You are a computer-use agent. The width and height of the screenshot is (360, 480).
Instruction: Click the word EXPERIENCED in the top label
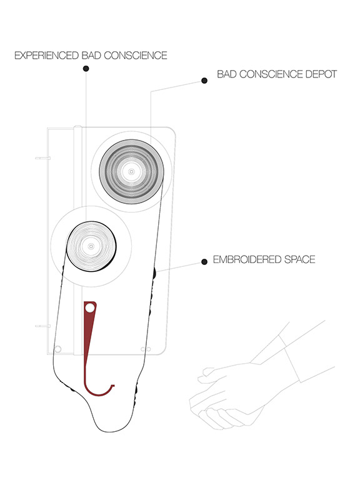pyautogui.click(x=46, y=56)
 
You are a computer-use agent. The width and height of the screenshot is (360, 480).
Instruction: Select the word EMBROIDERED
pyautogui.click(x=247, y=259)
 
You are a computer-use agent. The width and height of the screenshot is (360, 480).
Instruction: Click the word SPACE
pyautogui.click(x=300, y=259)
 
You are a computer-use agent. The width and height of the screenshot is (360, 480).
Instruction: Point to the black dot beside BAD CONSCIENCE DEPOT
pyautogui.click(x=204, y=81)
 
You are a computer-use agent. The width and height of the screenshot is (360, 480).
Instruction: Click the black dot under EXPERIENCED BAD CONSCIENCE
pyautogui.click(x=86, y=69)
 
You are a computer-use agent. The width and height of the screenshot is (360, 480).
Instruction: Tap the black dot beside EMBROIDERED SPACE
pyautogui.click(x=204, y=262)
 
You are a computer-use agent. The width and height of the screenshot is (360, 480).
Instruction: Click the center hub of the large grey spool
pyautogui.click(x=131, y=171)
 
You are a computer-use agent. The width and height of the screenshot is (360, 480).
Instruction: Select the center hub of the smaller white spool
pyautogui.click(x=91, y=246)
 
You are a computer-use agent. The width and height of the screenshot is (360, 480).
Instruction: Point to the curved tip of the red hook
pyautogui.click(x=112, y=386)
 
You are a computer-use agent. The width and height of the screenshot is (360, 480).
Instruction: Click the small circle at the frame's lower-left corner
pyautogui.click(x=57, y=349)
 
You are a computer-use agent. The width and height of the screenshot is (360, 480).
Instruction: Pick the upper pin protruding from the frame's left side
pyautogui.click(x=42, y=158)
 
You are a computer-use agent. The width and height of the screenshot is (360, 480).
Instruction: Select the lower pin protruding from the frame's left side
pyautogui.click(x=42, y=326)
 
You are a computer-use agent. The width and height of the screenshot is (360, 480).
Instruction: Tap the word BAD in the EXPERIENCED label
pyautogui.click(x=91, y=56)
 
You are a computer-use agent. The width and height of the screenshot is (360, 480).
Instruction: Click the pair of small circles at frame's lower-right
pyautogui.click(x=146, y=349)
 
